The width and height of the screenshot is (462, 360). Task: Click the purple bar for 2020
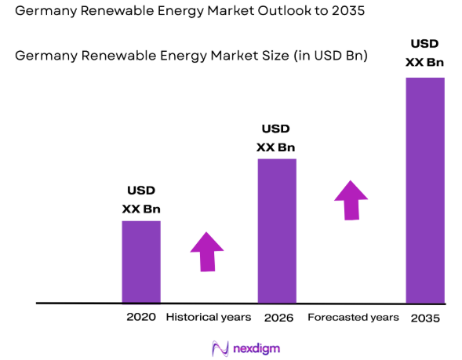coord(141,261)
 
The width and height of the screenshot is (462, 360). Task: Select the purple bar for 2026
coord(277,231)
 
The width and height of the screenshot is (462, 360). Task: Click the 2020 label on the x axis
coord(141,317)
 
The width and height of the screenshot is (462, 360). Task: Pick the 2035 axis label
coord(424,318)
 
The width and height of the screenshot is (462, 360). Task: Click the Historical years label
coord(209,317)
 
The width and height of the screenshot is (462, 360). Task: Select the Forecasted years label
coord(353,317)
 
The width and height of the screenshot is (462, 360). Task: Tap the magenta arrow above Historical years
coord(207,252)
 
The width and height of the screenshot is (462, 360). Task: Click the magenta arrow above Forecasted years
coord(351,200)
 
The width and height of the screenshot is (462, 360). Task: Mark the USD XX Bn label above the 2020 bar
coord(141,200)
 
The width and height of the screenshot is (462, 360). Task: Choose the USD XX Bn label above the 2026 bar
coord(276,138)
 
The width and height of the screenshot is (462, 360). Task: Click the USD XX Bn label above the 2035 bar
coord(424,52)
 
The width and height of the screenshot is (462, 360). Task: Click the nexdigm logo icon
coord(220,348)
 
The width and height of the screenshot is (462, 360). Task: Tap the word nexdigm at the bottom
coord(256,348)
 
